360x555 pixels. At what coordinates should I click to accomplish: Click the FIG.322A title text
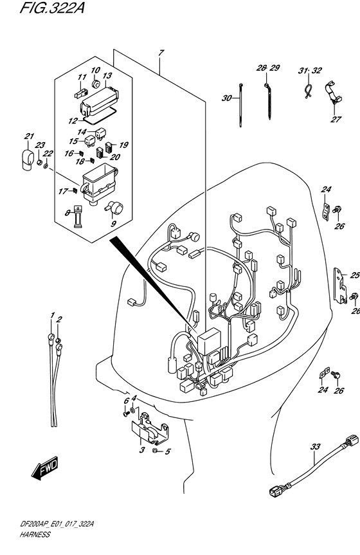point(52,8)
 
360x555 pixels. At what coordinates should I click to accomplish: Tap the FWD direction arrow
point(44,468)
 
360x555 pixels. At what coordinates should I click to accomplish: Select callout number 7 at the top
point(161,53)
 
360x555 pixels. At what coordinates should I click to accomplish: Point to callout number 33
point(315,448)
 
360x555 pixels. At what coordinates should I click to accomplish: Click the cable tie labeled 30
point(240,105)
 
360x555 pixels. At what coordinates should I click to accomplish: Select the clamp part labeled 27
point(334,95)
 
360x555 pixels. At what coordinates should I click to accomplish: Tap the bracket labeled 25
point(341,286)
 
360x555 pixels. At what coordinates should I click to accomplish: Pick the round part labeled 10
point(96,84)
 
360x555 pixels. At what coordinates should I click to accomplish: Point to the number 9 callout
point(113,224)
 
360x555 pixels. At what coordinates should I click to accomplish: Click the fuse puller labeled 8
point(78,216)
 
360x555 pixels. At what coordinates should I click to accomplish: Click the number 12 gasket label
point(73,121)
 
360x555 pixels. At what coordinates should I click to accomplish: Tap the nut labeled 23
point(40,163)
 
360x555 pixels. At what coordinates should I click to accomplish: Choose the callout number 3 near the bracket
point(141,450)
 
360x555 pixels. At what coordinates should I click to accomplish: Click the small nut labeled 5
point(154,451)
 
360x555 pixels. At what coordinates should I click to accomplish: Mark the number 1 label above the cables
point(52,315)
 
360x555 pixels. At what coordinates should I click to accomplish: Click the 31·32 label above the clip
point(309,71)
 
